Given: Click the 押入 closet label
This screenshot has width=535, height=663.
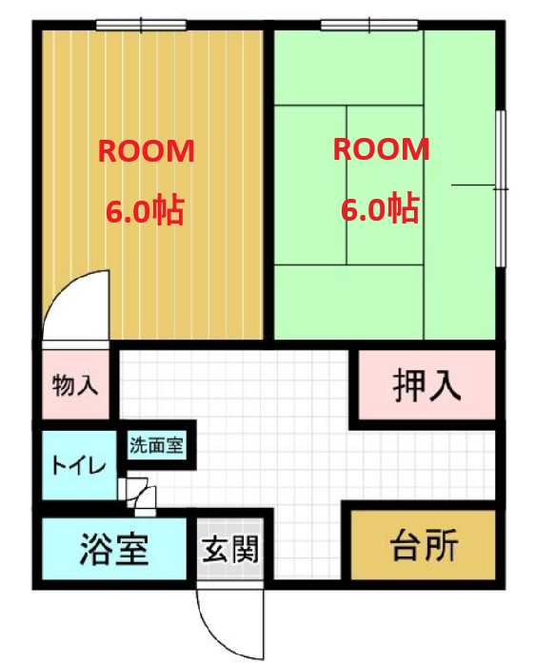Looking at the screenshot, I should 427,385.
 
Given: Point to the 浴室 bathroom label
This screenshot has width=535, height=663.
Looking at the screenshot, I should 114,550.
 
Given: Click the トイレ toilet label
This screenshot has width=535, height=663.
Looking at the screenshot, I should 78,466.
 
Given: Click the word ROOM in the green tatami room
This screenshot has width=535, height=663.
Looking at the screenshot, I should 382,149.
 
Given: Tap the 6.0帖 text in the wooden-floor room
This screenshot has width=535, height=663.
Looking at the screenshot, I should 145,210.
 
